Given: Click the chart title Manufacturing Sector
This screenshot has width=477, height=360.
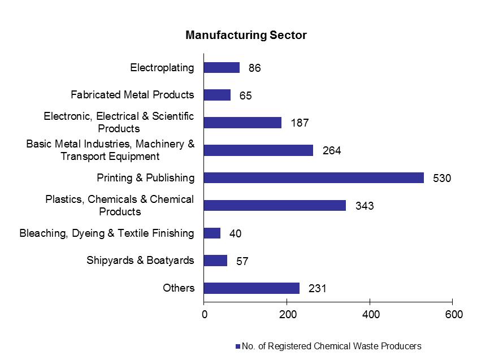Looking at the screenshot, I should [246, 35].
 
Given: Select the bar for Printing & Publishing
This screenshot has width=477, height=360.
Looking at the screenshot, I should [314, 177].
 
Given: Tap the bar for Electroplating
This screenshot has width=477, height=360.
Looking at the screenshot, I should [222, 68].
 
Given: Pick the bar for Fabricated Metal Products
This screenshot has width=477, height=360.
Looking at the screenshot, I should [217, 95].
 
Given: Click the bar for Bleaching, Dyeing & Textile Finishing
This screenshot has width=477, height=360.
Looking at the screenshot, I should [212, 233].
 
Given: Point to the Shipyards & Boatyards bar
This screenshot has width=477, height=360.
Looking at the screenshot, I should [215, 261].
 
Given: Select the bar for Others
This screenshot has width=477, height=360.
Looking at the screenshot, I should [251, 288].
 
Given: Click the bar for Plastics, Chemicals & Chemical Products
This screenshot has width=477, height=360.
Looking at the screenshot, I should [275, 205].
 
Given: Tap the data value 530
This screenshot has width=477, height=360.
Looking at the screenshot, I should [443, 179].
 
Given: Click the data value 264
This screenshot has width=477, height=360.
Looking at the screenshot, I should [332, 151].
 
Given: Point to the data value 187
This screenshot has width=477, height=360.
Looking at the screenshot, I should [300, 123].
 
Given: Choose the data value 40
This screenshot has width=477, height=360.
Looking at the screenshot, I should [235, 234].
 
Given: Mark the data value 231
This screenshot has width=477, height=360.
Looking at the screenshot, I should [318, 289].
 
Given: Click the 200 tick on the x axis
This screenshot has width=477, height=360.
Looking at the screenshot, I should [287, 314].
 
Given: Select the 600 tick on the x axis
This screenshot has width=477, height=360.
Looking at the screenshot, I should [452, 314].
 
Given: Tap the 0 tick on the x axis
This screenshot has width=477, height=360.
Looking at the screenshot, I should [204, 314].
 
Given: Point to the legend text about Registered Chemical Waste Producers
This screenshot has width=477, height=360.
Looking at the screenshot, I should [331, 346].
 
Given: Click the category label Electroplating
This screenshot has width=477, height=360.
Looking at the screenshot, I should [162, 68].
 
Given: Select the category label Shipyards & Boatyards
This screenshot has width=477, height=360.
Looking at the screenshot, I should [140, 261].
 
